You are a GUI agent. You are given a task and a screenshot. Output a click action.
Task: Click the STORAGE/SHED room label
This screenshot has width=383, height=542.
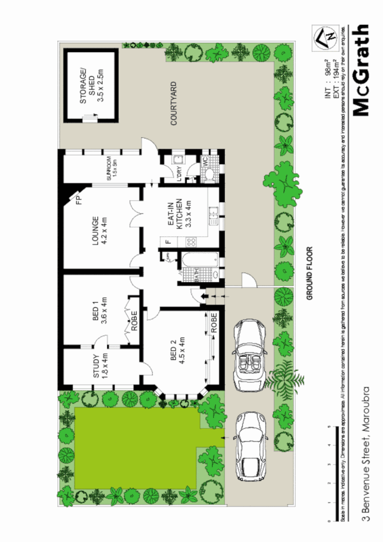[x=92, y=86]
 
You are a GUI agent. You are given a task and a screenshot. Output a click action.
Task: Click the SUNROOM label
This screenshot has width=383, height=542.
[x=112, y=167]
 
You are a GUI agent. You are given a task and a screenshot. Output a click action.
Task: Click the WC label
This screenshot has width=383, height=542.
[x=205, y=162]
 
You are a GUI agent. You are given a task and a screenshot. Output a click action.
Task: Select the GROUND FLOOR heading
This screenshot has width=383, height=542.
[x=310, y=274]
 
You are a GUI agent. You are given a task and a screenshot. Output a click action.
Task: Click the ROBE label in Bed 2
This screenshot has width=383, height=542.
[x=215, y=323]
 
